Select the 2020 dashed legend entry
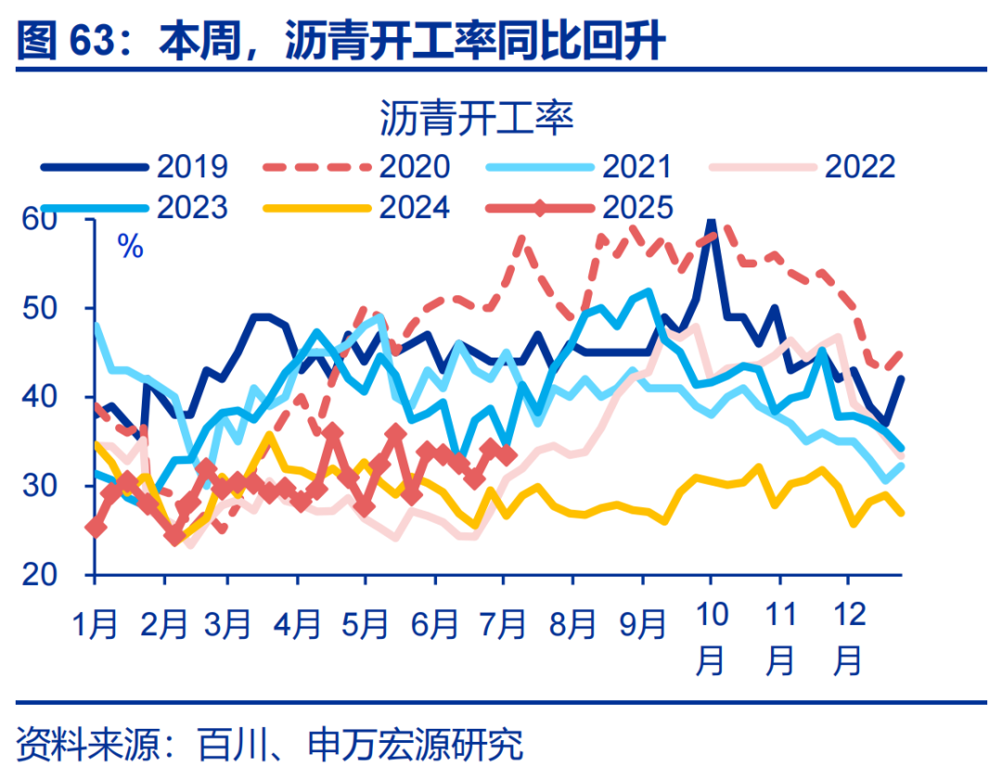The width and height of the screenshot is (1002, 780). (357, 166)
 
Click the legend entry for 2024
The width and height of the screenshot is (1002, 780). (357, 206)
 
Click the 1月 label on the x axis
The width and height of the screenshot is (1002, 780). (96, 623)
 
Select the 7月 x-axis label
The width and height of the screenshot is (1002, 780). (506, 623)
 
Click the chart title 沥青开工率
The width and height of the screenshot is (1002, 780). (478, 120)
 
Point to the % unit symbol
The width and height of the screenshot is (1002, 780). (130, 247)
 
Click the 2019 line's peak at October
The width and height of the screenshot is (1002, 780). (711, 221)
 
